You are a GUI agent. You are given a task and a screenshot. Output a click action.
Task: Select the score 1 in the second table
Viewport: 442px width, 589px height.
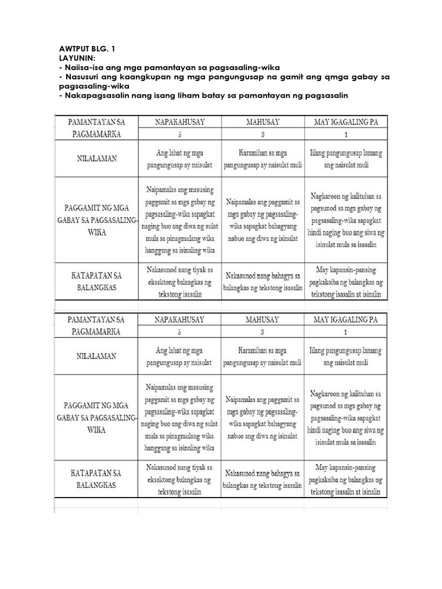(345, 332)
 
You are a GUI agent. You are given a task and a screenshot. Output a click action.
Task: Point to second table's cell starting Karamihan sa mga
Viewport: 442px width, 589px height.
(262, 357)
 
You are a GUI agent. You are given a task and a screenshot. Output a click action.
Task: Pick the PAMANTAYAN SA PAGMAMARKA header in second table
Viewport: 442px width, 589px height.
(96, 326)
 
